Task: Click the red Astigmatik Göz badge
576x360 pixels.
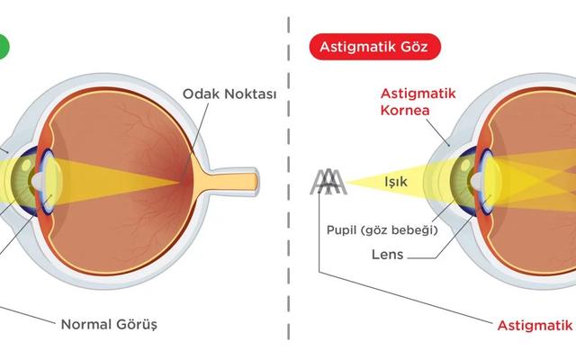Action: pyautogui.click(x=375, y=47)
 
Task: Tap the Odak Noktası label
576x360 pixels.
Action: pyautogui.click(x=229, y=94)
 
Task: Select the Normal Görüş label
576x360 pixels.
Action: pyautogui.click(x=109, y=325)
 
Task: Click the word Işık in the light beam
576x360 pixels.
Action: pyautogui.click(x=396, y=182)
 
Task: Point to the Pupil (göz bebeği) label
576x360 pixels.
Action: pyautogui.click(x=382, y=230)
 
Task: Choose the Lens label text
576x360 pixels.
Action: pyautogui.click(x=388, y=255)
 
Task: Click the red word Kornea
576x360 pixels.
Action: pyautogui.click(x=405, y=110)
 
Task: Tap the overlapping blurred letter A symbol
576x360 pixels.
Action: pyautogui.click(x=328, y=182)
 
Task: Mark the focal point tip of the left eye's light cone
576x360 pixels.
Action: pyautogui.click(x=179, y=182)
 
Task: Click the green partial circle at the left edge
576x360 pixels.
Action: pyautogui.click(x=4, y=46)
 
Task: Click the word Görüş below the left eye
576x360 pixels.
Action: pyautogui.click(x=137, y=325)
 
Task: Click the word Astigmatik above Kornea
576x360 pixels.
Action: pyautogui.click(x=418, y=94)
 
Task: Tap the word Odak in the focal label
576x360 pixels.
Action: pyautogui.click(x=202, y=94)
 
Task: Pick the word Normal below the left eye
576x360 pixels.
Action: pyautogui.click(x=86, y=325)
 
